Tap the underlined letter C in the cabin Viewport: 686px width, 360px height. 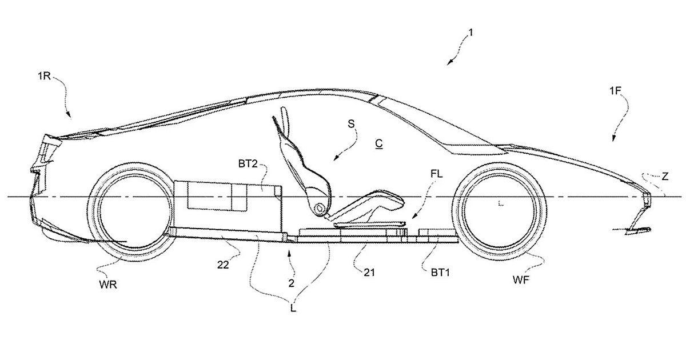pyautogui.click(x=378, y=143)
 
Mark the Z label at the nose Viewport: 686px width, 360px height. pyautogui.click(x=664, y=177)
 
